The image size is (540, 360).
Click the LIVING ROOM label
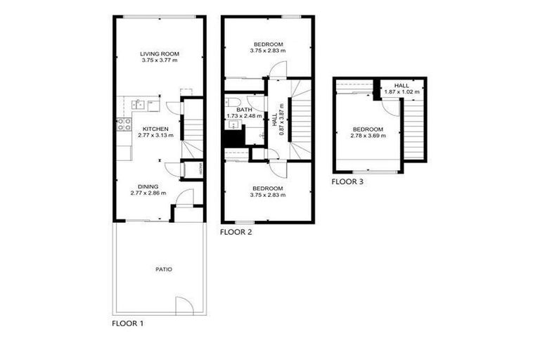(159, 53)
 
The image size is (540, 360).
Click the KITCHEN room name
(154, 129)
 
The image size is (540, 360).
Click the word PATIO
(165, 269)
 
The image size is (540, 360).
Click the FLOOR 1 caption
(128, 325)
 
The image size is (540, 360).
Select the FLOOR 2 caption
(236, 232)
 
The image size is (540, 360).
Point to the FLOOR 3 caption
(347, 182)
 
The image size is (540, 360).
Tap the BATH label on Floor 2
(244, 110)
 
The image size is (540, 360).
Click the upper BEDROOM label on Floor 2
(268, 44)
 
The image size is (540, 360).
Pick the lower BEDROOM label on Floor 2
(268, 188)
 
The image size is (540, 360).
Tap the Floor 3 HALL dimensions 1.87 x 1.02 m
(401, 92)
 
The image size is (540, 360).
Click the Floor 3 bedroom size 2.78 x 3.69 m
(368, 136)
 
